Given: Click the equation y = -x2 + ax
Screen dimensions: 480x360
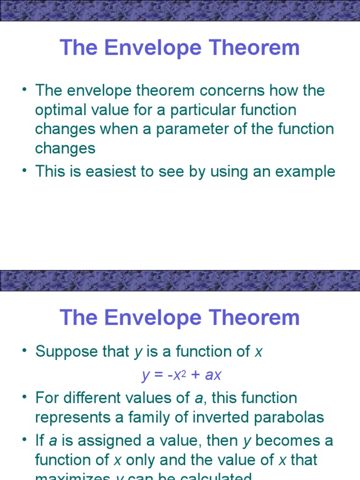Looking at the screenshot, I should [181, 375].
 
